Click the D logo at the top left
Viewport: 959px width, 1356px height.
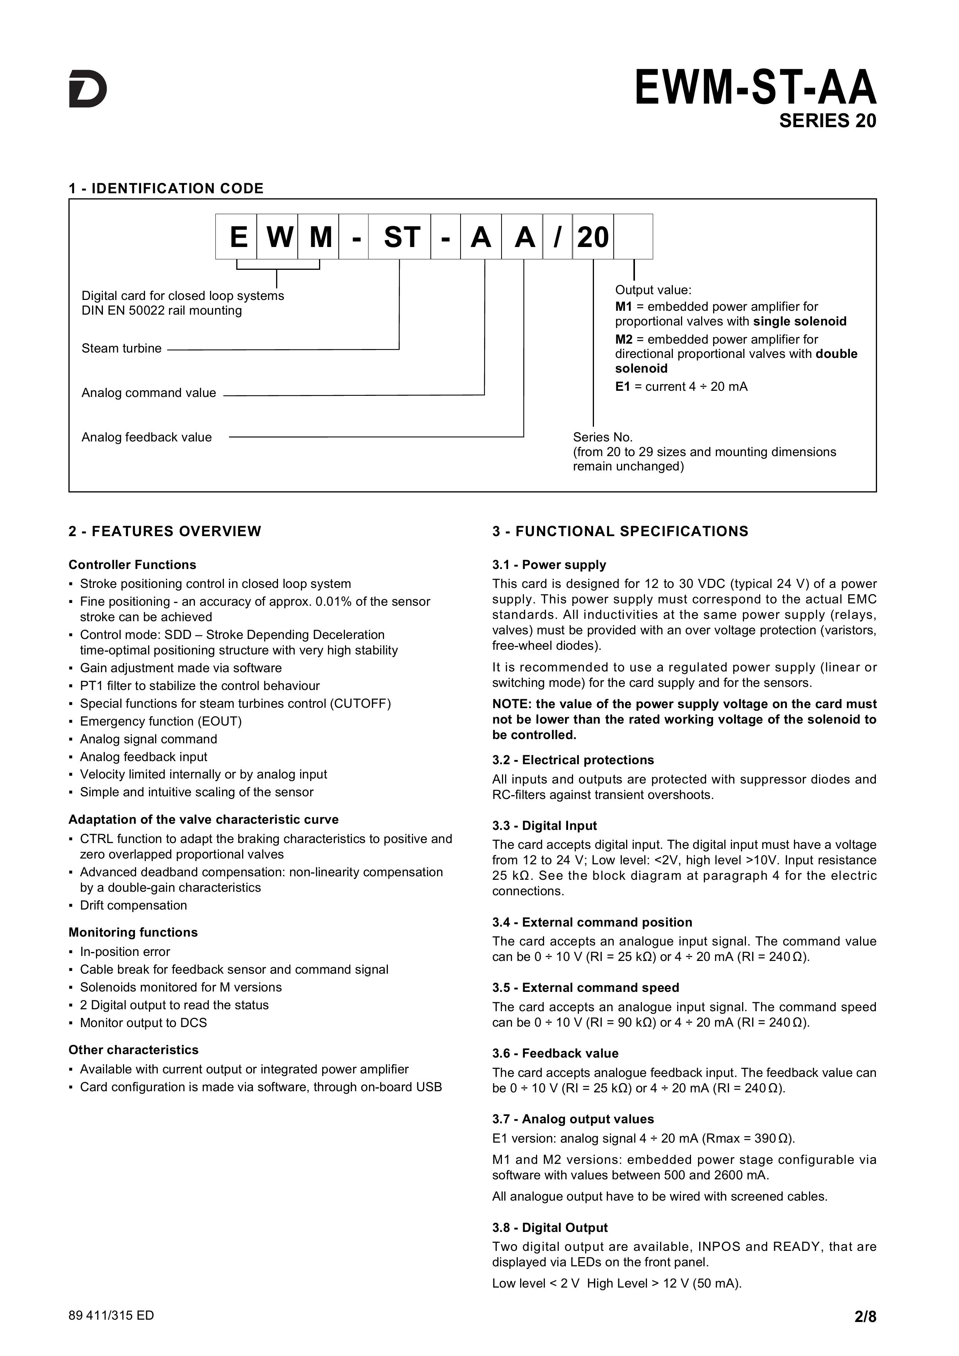coord(88,89)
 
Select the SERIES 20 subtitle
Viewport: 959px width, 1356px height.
coord(827,121)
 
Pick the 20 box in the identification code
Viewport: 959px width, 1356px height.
coord(593,237)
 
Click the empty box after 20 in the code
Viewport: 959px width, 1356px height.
coord(633,237)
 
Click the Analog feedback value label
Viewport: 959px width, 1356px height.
coord(147,437)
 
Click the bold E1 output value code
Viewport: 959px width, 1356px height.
coord(623,387)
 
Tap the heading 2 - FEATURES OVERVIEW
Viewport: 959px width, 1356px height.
coord(165,531)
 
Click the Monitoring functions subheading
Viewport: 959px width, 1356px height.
coord(133,932)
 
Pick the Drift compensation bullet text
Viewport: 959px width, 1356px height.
coord(133,905)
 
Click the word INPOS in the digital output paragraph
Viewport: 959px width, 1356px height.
coord(719,1247)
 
